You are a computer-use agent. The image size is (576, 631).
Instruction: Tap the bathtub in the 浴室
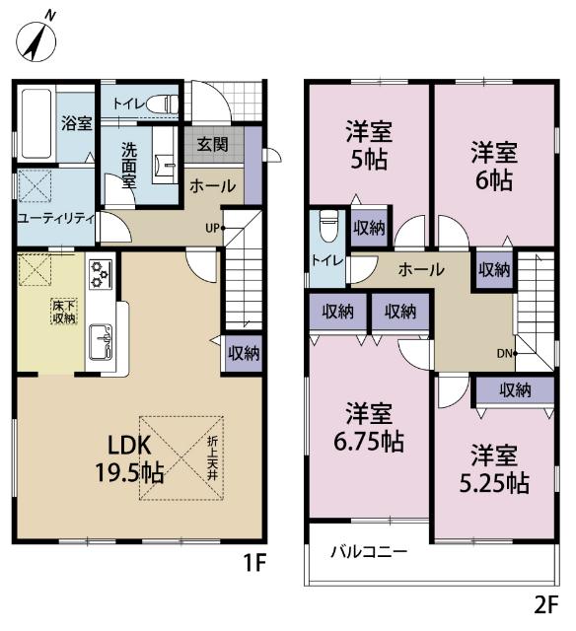point(36,125)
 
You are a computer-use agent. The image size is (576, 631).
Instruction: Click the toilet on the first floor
point(167,103)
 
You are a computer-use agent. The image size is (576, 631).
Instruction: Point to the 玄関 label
point(212,144)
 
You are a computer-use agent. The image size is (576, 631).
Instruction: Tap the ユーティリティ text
point(55,218)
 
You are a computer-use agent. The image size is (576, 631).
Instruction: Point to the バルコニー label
point(368,551)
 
